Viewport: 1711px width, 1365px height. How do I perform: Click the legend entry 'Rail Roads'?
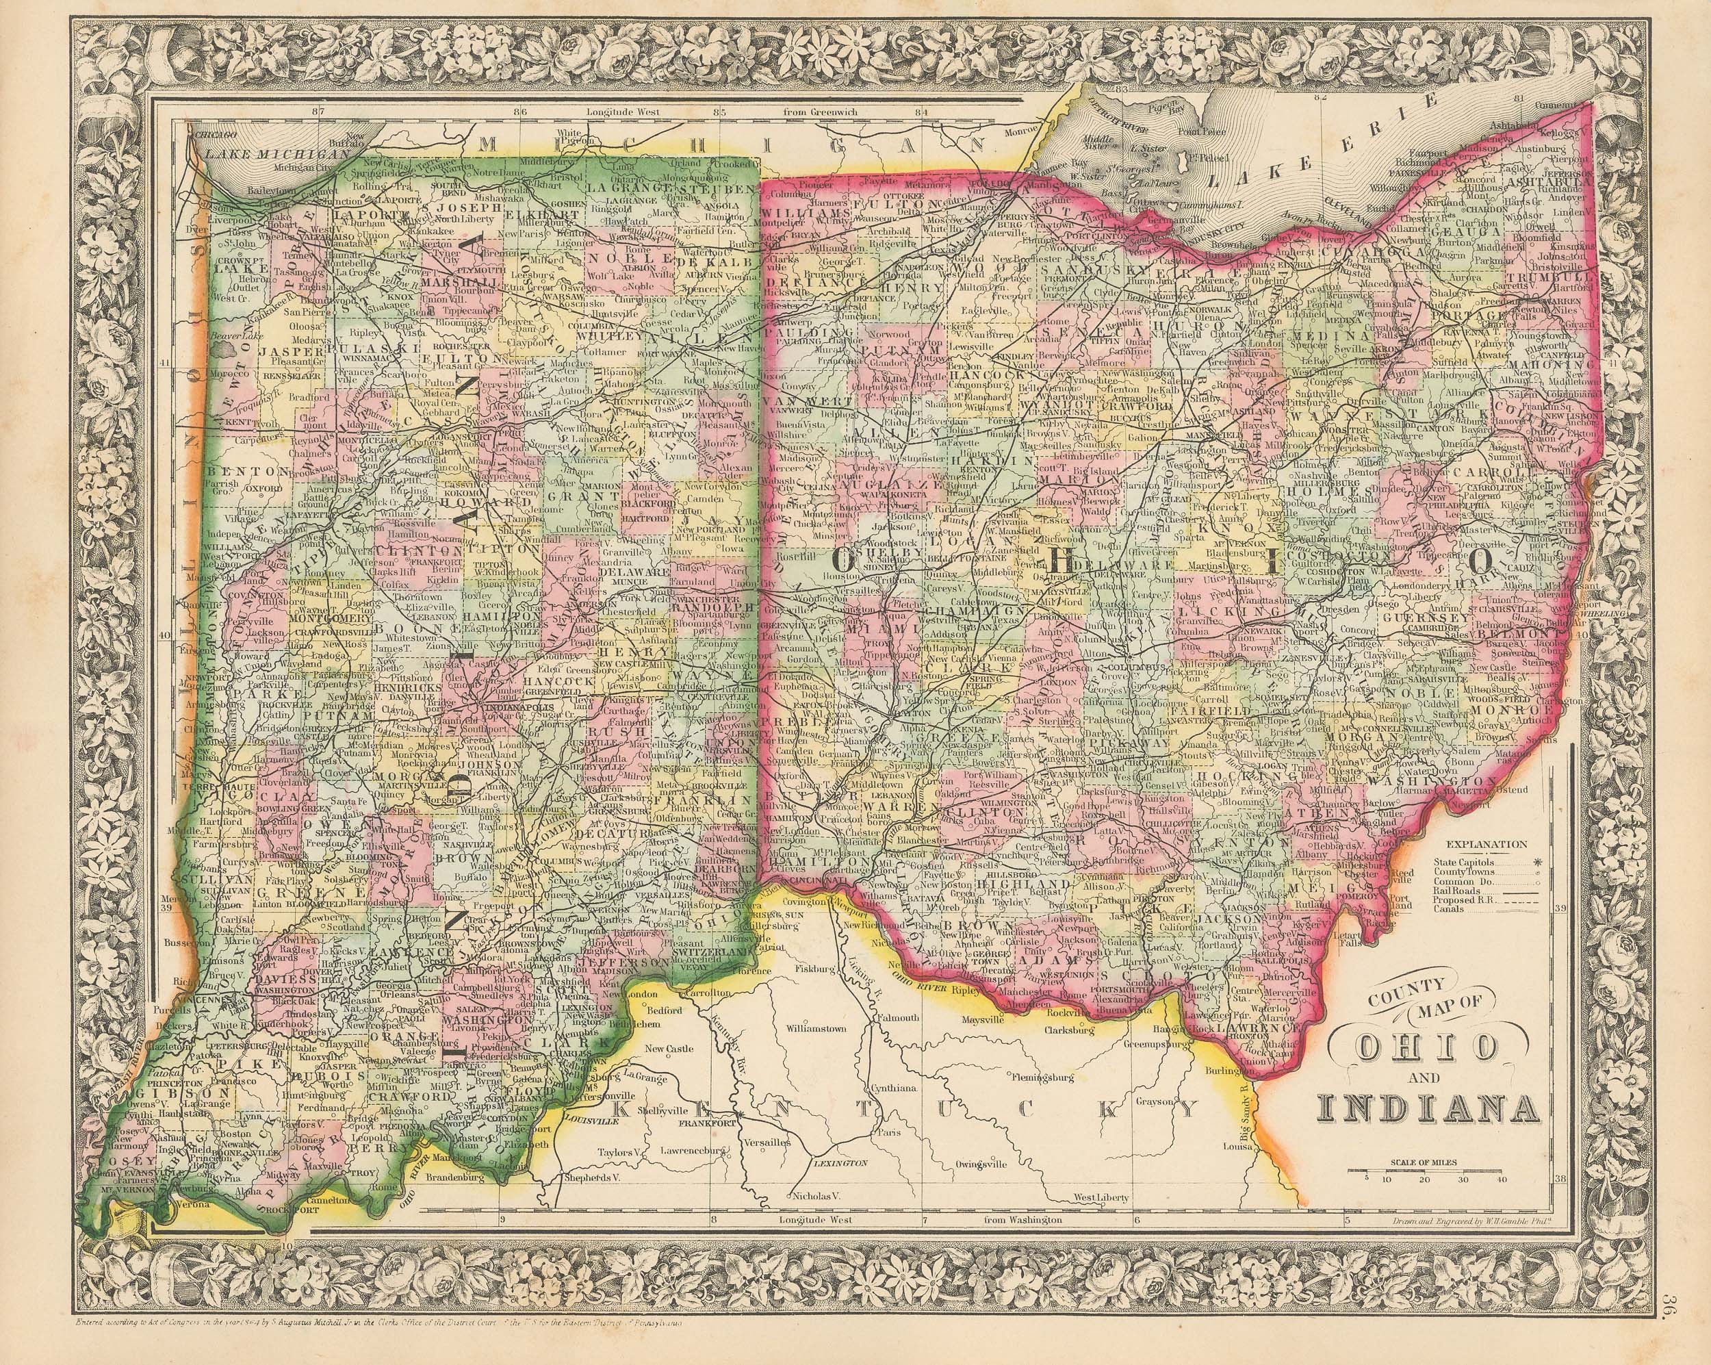[1452, 891]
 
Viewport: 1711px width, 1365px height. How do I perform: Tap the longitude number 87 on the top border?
[319, 112]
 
